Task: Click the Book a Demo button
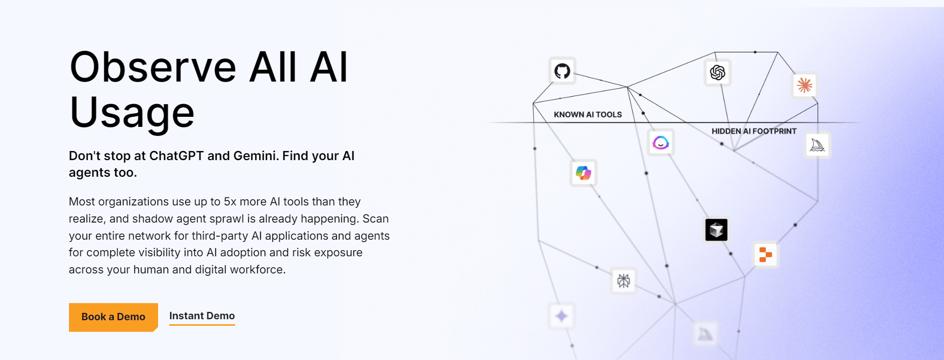tap(113, 317)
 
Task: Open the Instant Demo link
tap(202, 316)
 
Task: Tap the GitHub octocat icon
tap(562, 71)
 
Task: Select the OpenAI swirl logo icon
tap(717, 73)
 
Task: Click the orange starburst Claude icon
tap(805, 85)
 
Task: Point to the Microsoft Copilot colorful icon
tap(584, 173)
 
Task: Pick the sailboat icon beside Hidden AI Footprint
tap(817, 145)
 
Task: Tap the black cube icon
tap(716, 230)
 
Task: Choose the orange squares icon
tap(765, 255)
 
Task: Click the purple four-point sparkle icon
tap(561, 316)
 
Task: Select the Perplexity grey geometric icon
tap(623, 280)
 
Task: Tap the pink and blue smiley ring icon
tap(661, 142)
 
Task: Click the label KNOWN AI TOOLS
tap(588, 115)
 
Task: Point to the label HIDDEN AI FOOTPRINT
tap(754, 131)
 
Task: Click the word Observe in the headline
tap(153, 67)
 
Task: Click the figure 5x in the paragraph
tap(230, 202)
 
